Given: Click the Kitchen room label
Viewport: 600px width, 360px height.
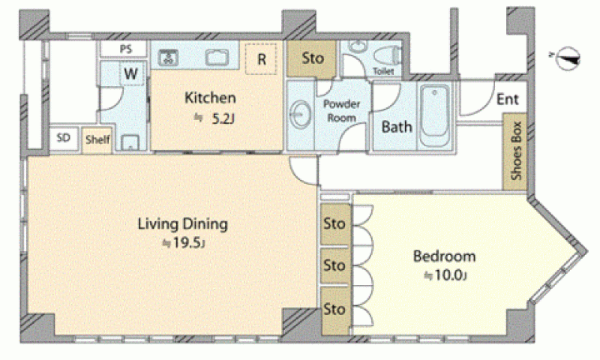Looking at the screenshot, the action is click(x=210, y=97).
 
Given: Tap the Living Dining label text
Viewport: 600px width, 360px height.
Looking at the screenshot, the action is click(x=182, y=223).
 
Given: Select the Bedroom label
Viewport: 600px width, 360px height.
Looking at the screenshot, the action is click(x=444, y=256).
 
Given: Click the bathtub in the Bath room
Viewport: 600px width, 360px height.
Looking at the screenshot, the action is click(x=434, y=115).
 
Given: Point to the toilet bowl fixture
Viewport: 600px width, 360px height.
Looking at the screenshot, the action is click(x=387, y=55).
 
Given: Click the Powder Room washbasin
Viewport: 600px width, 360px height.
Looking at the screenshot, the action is click(x=301, y=114).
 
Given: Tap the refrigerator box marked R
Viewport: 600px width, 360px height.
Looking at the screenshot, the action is click(x=261, y=59).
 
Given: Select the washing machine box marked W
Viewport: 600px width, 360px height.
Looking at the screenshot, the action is click(x=130, y=73).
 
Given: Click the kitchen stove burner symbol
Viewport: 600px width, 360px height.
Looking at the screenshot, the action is click(x=168, y=58).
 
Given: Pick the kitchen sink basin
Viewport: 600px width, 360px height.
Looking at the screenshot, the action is click(x=217, y=58).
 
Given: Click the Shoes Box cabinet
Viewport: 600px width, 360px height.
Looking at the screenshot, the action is click(x=515, y=151).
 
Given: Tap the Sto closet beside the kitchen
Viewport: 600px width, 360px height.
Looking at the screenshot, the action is click(x=312, y=59).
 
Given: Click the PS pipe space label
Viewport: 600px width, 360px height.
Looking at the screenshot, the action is click(x=126, y=49).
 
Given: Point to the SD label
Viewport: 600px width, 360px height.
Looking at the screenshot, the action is click(x=64, y=137).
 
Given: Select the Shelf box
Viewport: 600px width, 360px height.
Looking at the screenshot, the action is click(x=97, y=139).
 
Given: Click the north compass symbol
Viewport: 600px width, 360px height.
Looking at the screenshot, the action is click(x=568, y=58).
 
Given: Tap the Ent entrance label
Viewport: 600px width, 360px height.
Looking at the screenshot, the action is click(x=508, y=99).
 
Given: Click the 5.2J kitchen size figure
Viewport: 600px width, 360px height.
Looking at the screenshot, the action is click(x=222, y=118).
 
